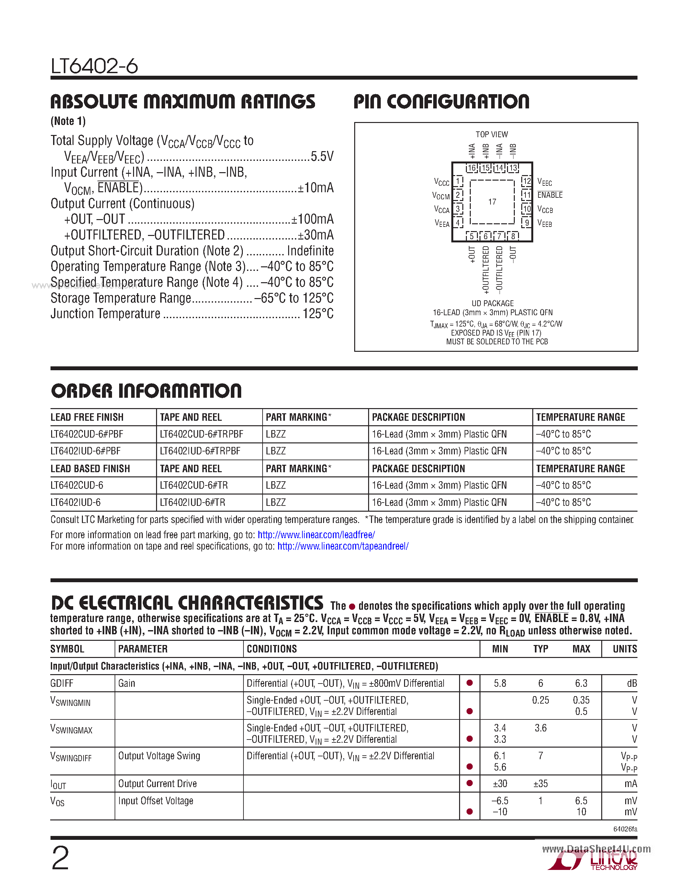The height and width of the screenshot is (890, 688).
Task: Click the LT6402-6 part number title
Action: [x=94, y=66]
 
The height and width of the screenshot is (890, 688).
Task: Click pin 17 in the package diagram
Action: [x=492, y=202]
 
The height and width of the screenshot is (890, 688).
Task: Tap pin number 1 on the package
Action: [x=458, y=181]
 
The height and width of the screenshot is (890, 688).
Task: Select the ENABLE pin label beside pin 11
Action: [x=549, y=195]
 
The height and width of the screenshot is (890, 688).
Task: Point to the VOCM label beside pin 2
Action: [x=441, y=196]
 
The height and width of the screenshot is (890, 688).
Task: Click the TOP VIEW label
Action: [x=491, y=135]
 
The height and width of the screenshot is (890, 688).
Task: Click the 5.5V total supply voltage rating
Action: [x=322, y=157]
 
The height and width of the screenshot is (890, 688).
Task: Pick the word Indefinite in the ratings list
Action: [x=310, y=250]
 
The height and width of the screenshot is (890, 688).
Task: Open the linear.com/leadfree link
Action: [x=316, y=535]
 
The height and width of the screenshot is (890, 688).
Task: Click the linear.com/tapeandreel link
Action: [x=343, y=546]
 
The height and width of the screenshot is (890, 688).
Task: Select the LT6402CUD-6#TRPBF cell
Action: [x=201, y=434]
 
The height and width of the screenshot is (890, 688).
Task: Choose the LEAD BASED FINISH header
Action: [x=90, y=469]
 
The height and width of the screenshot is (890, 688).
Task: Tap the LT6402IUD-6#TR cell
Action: [x=192, y=503]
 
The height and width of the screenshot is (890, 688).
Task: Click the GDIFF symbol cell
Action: [x=62, y=684]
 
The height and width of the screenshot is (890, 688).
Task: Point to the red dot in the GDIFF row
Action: [x=469, y=683]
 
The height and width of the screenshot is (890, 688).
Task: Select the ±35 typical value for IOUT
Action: [x=540, y=784]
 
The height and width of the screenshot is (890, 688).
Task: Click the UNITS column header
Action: [x=625, y=649]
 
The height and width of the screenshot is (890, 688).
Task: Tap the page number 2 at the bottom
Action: [x=60, y=858]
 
